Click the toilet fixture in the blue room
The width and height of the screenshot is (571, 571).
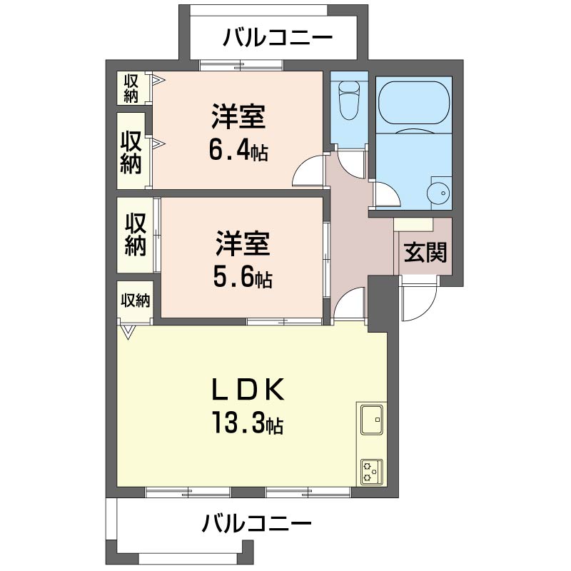(349, 100)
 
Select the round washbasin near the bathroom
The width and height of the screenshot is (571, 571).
(439, 193)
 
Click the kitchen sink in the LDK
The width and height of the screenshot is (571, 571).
(372, 420)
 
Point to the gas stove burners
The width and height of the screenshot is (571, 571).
(372, 472)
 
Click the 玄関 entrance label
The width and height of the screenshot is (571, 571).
(425, 253)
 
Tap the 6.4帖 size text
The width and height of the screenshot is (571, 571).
(238, 151)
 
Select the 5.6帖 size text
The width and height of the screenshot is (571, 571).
(243, 278)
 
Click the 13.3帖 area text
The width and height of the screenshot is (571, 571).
(248, 423)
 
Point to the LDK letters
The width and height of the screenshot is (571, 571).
(248, 389)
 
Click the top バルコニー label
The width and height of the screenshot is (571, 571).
(278, 37)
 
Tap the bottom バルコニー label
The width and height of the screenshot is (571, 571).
(257, 524)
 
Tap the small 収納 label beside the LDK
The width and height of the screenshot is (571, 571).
(136, 300)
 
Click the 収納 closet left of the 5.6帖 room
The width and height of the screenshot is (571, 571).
(135, 235)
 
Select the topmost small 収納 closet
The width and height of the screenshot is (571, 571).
(131, 88)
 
